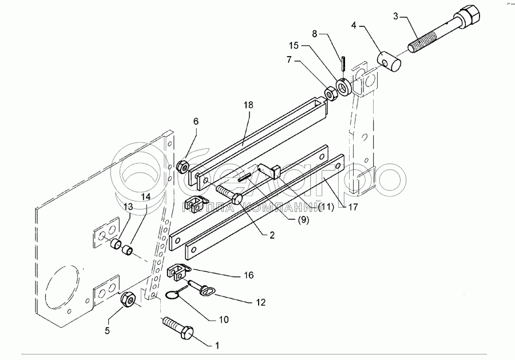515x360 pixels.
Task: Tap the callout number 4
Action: pos(355,26)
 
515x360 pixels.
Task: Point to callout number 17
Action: pos(353,208)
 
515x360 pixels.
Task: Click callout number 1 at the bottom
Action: pos(216,346)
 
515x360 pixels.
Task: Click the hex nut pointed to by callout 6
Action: pos(184,167)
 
